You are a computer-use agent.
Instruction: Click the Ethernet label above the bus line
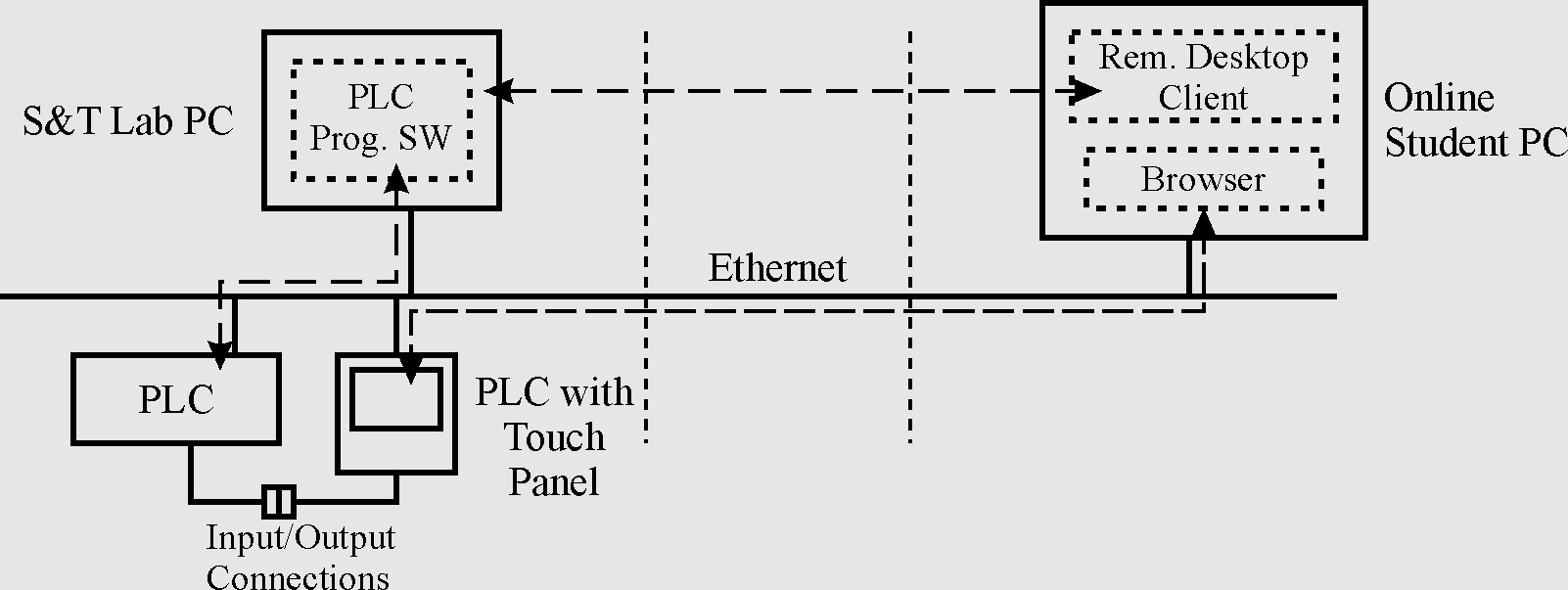pos(777,269)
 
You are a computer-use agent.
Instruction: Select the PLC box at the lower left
pos(176,400)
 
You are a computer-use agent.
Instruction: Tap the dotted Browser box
pos(1203,180)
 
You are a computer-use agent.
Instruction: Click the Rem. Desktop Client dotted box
pos(1203,77)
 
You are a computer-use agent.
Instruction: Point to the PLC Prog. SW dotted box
pos(381,119)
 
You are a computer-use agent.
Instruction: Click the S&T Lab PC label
pos(128,121)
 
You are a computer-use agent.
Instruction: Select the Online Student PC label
pos(1474,120)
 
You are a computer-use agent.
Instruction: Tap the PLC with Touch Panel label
pos(554,437)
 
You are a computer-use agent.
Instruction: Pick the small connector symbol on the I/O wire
pos(279,501)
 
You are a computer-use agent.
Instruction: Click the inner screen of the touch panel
pos(396,399)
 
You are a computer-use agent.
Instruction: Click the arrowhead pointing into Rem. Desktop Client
pos(1086,92)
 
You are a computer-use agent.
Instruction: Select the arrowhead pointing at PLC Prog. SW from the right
pos(498,92)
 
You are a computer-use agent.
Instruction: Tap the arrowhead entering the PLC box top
pos(221,355)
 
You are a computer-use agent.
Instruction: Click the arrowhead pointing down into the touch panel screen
pos(411,373)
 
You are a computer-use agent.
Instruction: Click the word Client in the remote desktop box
pos(1203,99)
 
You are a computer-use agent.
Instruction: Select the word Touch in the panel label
pos(554,437)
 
